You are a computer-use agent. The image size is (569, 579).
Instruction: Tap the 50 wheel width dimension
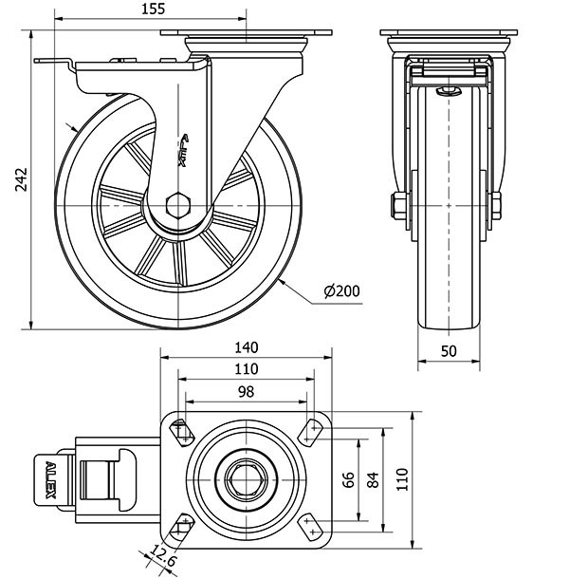(x=450, y=350)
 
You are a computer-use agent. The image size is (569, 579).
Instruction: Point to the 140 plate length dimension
(x=247, y=347)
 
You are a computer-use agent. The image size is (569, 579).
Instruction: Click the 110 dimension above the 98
(x=247, y=368)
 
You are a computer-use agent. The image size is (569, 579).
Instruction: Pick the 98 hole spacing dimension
(x=247, y=391)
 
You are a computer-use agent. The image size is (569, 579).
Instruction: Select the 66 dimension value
(x=347, y=479)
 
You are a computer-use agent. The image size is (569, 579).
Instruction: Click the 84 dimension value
(x=371, y=479)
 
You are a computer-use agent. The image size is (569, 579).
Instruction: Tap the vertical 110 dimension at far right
(x=402, y=479)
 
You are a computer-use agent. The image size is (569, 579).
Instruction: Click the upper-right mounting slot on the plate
(x=310, y=429)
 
